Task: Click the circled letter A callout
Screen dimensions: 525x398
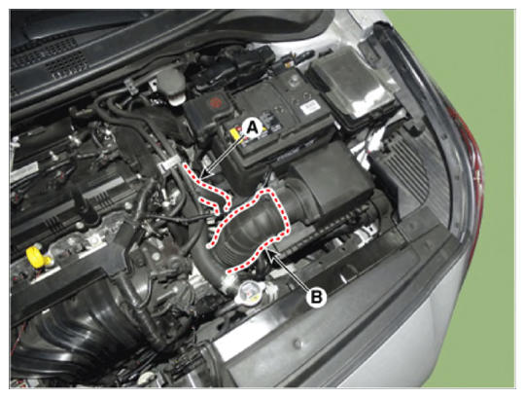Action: click(x=253, y=127)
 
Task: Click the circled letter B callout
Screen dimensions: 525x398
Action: click(x=316, y=297)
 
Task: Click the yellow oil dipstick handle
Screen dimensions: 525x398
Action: click(x=36, y=256)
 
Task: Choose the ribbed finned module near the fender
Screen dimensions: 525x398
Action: click(x=401, y=171)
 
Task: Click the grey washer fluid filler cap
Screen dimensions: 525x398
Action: click(x=172, y=85)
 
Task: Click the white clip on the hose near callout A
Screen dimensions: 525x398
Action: click(x=170, y=164)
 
